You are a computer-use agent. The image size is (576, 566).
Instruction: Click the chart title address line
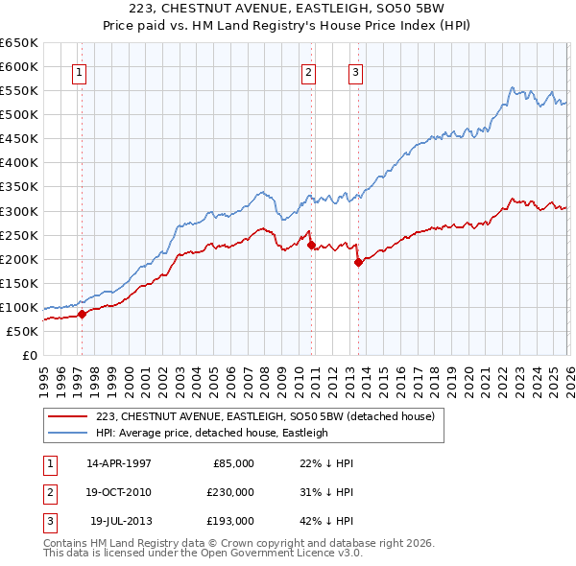[287, 9]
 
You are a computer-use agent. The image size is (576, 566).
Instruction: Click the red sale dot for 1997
[82, 313]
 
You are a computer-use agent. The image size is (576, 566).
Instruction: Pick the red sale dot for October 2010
[311, 244]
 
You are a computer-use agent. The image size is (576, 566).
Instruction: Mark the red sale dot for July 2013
[358, 261]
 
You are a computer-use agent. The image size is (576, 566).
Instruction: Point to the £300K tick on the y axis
[19, 211]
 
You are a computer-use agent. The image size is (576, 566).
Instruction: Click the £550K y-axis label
[19, 90]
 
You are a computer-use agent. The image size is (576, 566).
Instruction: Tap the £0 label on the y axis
[29, 355]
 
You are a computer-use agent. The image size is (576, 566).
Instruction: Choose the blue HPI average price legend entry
[212, 433]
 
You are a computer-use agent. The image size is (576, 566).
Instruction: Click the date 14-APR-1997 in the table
[119, 462]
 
